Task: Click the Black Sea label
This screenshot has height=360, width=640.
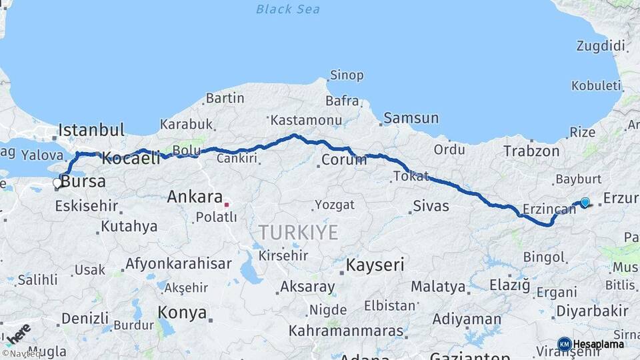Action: point(287,9)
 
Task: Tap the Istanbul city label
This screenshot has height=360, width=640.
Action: point(91,130)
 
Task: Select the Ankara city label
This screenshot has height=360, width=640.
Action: point(194,197)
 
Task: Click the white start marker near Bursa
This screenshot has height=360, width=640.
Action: point(57,182)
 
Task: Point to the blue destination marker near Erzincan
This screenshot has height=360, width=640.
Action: point(585,202)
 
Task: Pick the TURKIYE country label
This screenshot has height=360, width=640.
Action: point(298,233)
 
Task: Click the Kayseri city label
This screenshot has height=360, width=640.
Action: point(375,265)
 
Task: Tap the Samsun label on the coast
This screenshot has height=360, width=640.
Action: point(411,118)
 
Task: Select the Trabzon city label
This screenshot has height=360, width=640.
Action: point(531,151)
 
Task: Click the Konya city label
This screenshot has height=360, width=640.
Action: point(181,311)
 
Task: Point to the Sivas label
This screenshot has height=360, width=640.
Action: point(431,206)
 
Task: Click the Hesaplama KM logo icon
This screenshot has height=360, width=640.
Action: point(564,344)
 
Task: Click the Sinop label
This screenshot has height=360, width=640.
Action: point(347,75)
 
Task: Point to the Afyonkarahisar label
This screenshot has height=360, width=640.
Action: point(178,263)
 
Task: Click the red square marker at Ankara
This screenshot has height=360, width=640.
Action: point(227,205)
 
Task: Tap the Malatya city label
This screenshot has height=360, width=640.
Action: point(438,287)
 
